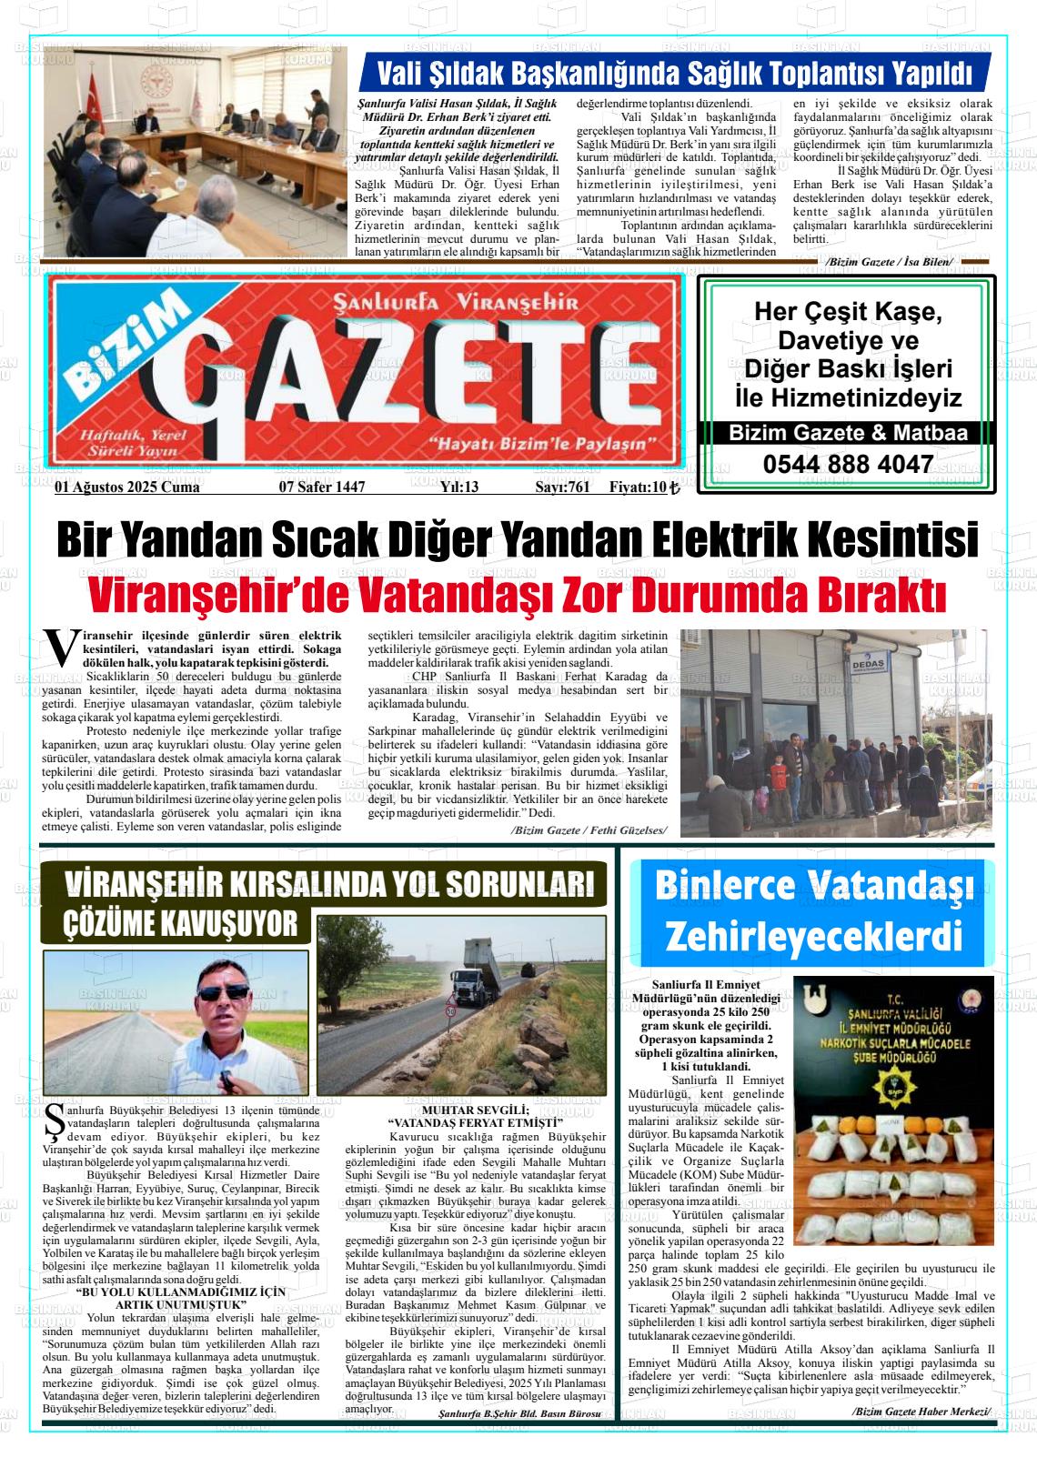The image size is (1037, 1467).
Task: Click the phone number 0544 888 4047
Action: point(848,464)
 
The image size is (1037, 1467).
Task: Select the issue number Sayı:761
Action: point(562,487)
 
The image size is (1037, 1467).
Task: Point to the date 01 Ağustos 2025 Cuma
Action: point(127,487)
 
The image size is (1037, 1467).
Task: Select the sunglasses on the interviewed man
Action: point(225,992)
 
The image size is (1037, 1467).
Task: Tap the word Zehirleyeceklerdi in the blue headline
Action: point(813,934)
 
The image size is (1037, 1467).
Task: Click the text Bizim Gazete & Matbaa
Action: point(848,434)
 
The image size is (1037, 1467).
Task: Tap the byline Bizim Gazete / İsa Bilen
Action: point(888,262)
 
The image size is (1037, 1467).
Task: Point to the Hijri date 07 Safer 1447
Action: point(321,487)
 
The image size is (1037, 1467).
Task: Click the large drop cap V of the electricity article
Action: point(60,645)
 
